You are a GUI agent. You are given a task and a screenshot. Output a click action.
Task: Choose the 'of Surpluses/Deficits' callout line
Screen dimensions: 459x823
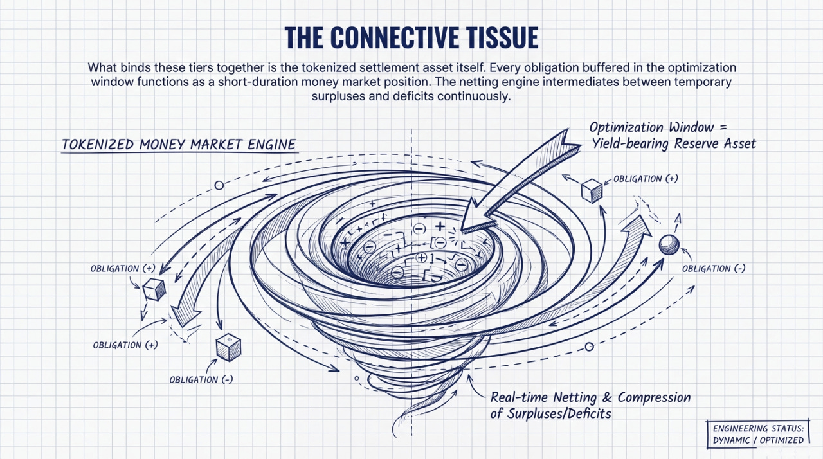click(x=550, y=413)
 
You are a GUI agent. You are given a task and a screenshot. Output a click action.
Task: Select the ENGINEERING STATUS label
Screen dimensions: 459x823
click(x=757, y=428)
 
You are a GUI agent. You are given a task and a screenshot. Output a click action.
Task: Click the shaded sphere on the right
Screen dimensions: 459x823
click(x=669, y=244)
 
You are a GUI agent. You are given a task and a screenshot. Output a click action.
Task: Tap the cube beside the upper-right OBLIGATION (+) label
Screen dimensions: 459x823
click(x=591, y=190)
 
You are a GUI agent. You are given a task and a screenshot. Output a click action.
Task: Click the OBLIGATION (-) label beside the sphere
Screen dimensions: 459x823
click(x=714, y=268)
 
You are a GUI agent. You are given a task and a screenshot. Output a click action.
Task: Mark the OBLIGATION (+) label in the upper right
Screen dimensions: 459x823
click(x=645, y=178)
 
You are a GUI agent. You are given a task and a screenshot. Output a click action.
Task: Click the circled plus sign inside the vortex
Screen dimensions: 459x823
click(x=422, y=257)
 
